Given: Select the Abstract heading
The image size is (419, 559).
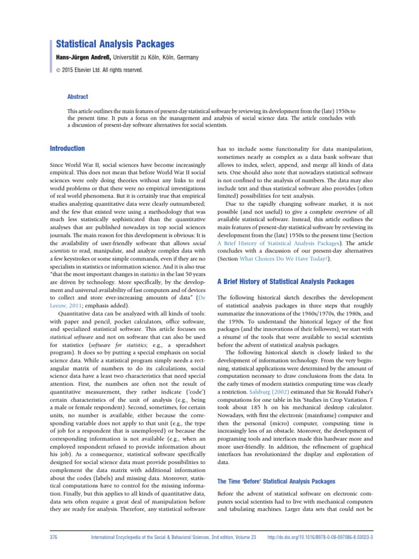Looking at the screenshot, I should point(77,97).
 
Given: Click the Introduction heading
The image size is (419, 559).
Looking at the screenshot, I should point(67,148).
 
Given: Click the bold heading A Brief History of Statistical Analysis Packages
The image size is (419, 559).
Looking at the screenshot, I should point(286,282).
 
